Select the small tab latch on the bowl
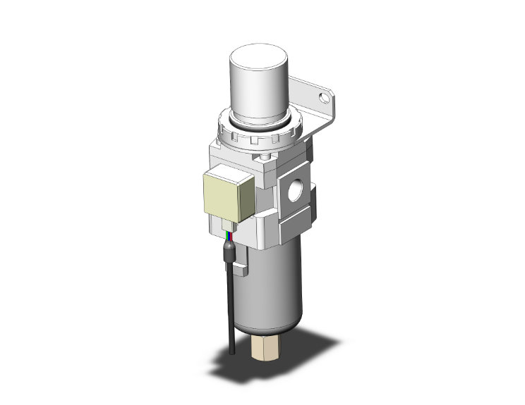click(x=242, y=268)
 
